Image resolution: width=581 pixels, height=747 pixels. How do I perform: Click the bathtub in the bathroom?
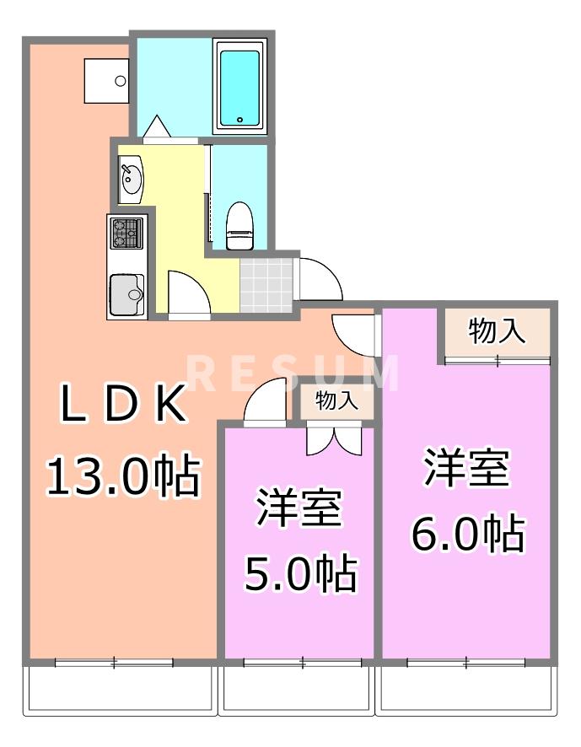[240, 87]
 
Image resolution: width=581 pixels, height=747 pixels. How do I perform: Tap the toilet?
[239, 226]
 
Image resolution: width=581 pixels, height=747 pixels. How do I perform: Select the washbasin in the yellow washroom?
[130, 180]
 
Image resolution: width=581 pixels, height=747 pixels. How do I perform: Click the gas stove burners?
[126, 233]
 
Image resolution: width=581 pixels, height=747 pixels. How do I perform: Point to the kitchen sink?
[127, 293]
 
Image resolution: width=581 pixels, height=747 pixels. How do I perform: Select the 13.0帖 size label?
[122, 477]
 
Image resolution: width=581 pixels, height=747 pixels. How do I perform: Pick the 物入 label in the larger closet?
[498, 331]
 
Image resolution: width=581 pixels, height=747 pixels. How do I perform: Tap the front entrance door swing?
[319, 279]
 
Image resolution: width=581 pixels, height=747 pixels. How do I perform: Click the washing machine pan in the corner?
[105, 80]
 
